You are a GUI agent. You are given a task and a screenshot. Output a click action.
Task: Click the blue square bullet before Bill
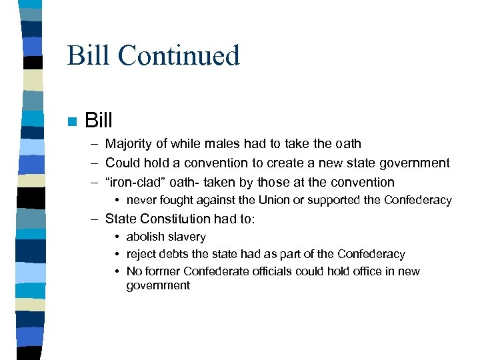tap(71, 121)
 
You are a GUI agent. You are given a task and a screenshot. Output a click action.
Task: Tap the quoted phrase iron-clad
tap(143, 182)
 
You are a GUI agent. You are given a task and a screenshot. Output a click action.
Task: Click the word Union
tap(289, 200)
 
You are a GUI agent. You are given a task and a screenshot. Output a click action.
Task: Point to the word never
tap(141, 200)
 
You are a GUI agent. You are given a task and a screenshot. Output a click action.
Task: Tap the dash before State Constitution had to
tap(96, 219)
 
